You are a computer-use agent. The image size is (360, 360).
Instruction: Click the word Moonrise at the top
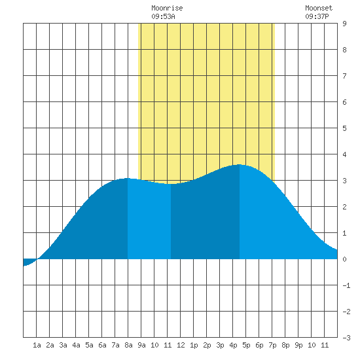(167, 8)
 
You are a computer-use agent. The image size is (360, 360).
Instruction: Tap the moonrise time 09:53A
(163, 16)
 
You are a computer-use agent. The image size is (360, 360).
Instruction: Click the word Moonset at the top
(319, 8)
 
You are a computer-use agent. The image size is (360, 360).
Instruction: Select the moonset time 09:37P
(317, 16)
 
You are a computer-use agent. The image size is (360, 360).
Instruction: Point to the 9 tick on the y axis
(344, 24)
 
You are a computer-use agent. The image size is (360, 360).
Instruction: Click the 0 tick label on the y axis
(344, 259)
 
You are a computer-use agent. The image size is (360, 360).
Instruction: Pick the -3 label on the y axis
(346, 338)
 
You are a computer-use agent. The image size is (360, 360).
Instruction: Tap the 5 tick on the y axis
(344, 128)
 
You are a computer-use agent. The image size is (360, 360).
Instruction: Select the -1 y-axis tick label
(346, 285)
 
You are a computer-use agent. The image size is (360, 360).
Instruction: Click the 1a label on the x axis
(37, 345)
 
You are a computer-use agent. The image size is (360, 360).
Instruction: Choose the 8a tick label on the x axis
(128, 345)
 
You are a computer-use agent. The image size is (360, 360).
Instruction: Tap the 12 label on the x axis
(181, 345)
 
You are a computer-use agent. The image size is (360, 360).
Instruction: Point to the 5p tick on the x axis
(246, 345)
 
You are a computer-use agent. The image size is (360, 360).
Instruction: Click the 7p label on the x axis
(272, 345)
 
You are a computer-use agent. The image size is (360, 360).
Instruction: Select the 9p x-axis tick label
(298, 345)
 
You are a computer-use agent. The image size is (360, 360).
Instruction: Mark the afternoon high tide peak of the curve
(240, 164)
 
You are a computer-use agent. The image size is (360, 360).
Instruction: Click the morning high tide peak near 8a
(128, 178)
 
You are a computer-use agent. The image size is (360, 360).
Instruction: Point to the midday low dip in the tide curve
(171, 184)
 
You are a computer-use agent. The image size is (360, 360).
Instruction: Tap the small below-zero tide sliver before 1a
(29, 262)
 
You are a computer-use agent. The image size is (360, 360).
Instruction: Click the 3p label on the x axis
(220, 345)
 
